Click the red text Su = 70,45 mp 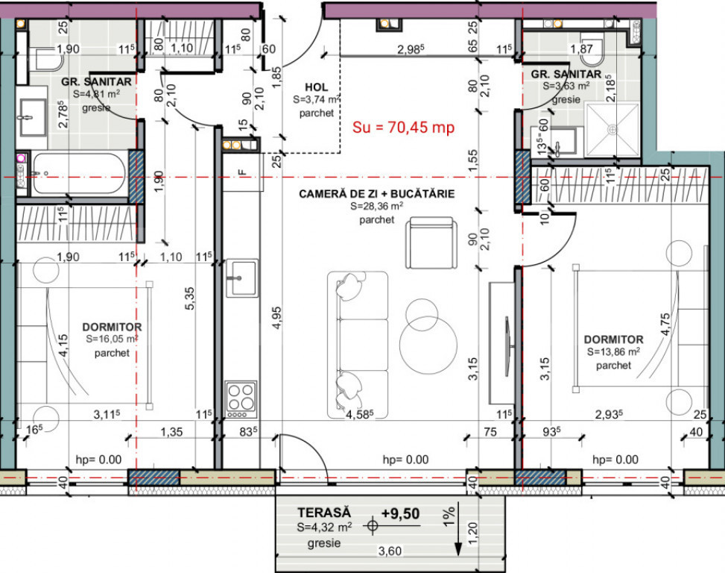[403, 128]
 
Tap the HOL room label [317, 87]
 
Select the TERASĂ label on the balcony [324, 513]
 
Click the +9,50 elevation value [400, 514]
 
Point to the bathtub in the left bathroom [79, 174]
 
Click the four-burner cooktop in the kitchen [241, 399]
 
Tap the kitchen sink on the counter [242, 278]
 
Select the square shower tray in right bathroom [612, 130]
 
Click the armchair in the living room [431, 242]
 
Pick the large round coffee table [428, 345]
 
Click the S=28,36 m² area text [377, 207]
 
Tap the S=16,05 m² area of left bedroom [112, 339]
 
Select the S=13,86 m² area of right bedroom [613, 351]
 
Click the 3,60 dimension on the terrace [390, 551]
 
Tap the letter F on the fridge [241, 172]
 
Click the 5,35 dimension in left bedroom [190, 298]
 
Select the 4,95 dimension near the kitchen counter [276, 318]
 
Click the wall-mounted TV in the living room [507, 345]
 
